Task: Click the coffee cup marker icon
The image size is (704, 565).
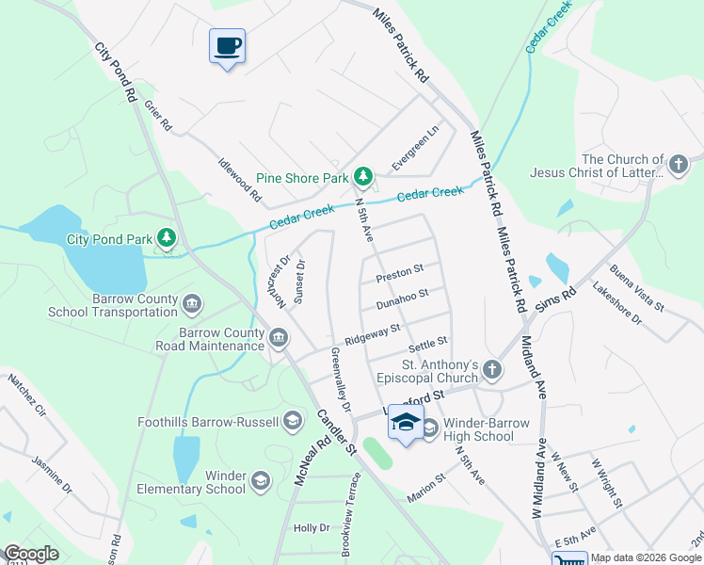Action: click(227, 45)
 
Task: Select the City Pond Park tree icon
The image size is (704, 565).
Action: click(167, 238)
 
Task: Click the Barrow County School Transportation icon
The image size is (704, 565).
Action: click(192, 303)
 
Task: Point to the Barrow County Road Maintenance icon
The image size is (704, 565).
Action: click(279, 338)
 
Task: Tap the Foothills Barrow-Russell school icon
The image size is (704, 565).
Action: click(292, 420)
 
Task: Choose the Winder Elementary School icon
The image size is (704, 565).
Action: click(261, 481)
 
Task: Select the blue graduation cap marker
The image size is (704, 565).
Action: click(406, 423)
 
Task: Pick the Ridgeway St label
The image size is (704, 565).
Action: click(373, 333)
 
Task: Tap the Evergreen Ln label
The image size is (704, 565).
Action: click(416, 148)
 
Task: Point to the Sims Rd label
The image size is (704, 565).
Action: click(555, 296)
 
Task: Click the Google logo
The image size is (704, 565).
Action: click(31, 555)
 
